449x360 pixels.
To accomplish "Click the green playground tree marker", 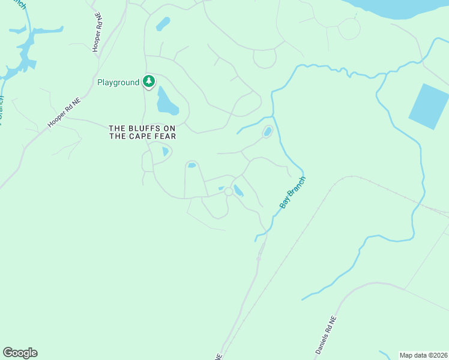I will [x=149, y=82].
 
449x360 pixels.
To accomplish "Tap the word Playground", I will [x=118, y=82].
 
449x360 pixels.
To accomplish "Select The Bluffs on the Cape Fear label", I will [x=142, y=132].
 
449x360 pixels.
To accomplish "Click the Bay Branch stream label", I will [x=293, y=193].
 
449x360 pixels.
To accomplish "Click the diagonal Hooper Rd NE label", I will [x=64, y=113].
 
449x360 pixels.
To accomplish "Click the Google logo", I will [x=20, y=353].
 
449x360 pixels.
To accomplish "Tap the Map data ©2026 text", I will [x=423, y=355].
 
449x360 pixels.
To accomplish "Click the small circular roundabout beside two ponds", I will [x=228, y=191].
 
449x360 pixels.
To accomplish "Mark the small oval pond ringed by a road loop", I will [x=267, y=131].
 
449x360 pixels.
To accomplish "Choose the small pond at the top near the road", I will [x=163, y=24].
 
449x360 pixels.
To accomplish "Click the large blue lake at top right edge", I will [x=402, y=7].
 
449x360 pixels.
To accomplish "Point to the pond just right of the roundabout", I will [x=238, y=191].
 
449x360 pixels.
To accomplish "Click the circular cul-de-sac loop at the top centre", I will [x=264, y=58].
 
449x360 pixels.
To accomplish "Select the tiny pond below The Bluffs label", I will [x=165, y=152].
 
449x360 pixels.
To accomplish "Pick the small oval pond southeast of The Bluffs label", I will [x=191, y=165].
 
